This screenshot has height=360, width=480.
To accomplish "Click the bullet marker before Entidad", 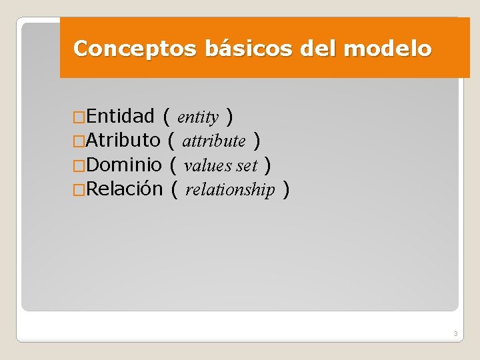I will (x=79, y=118).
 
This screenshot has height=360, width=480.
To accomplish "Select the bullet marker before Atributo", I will (x=79, y=141).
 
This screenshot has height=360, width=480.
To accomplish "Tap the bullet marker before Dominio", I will (x=79, y=165).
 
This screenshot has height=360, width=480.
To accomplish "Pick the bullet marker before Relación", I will (x=79, y=190).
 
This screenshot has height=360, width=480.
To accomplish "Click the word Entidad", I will (x=120, y=117).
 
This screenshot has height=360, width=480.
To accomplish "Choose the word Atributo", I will (x=123, y=140).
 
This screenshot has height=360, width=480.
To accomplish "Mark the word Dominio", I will (x=124, y=164).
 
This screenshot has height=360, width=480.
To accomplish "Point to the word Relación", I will (x=124, y=189).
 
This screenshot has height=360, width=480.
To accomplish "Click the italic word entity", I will (x=198, y=118).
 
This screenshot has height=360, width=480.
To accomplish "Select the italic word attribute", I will (x=213, y=141).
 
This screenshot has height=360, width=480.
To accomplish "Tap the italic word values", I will (x=207, y=165).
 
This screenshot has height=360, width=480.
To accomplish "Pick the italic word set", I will (x=246, y=165).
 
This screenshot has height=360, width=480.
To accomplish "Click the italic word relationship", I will (x=230, y=190).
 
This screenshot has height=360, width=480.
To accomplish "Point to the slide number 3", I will (x=455, y=333).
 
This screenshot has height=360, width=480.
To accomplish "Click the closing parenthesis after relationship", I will (x=286, y=189).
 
